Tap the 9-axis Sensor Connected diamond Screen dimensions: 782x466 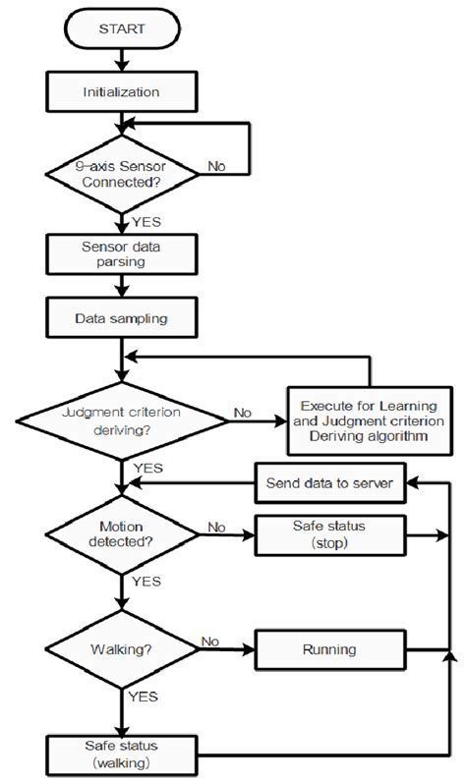tap(121, 176)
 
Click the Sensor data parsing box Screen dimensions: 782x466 tap(121, 255)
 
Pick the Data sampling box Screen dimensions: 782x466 tap(121, 318)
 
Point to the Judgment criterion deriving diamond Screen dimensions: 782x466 tap(121, 420)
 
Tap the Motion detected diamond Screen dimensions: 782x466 tap(121, 535)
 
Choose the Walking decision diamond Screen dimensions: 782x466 tap(121, 648)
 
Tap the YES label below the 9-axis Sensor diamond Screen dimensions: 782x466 tap(145, 222)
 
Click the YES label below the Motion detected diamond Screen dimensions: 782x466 tap(145, 583)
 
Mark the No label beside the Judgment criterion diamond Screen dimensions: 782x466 tap(242, 413)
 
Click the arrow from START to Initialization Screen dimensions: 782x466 tap(121, 59)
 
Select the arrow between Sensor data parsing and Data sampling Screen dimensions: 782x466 tap(121, 287)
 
